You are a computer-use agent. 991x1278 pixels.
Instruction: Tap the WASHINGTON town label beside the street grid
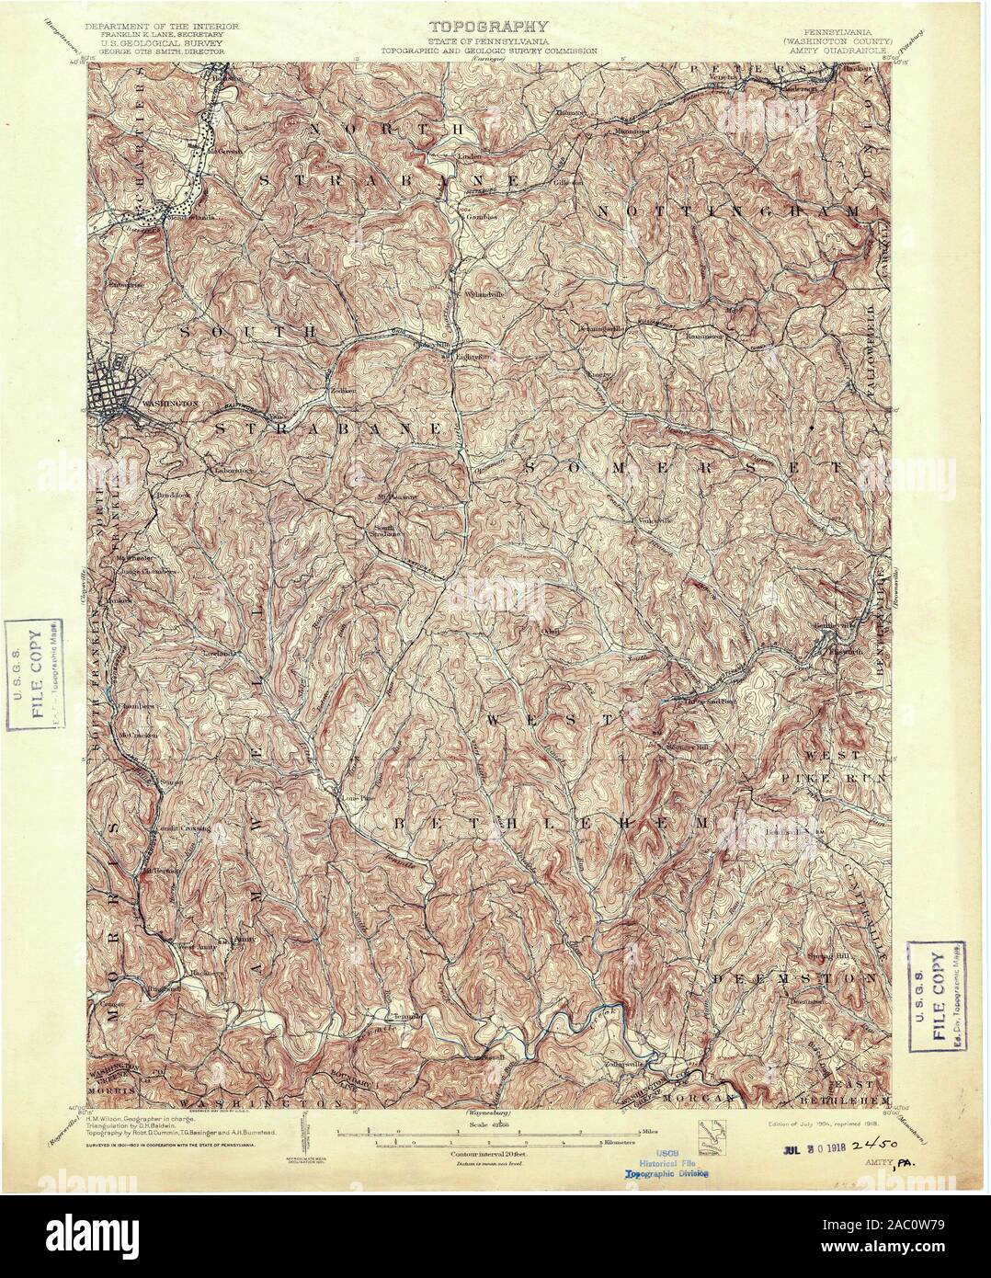171,403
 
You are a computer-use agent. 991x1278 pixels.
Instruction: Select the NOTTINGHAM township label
732,211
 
